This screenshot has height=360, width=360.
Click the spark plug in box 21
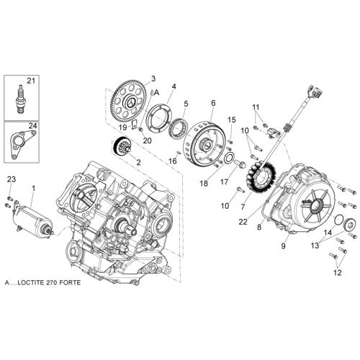click(21, 99)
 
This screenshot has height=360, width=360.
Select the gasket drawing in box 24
click(22, 145)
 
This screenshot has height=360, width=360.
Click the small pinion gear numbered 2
click(122, 146)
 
